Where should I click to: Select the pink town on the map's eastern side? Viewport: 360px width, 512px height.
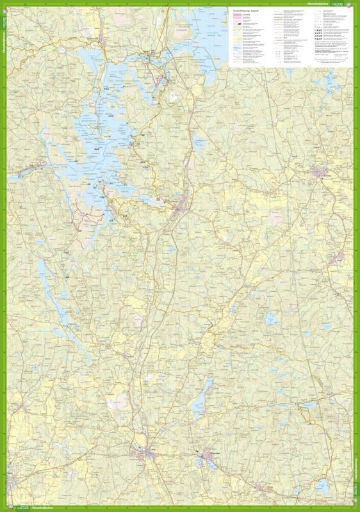pos(318,171)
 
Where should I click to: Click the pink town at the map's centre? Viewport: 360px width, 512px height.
pos(183,206)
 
